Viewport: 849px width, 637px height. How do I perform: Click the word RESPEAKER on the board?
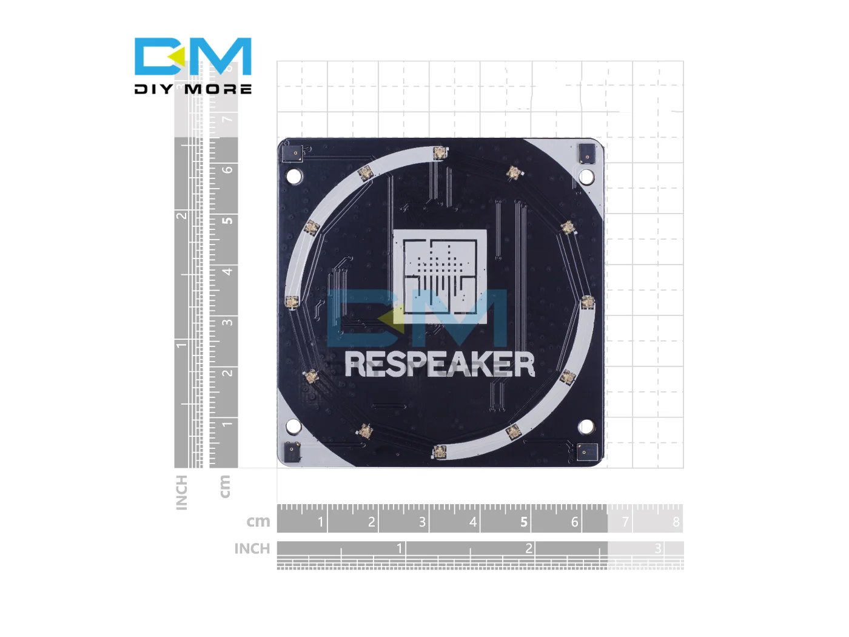439,365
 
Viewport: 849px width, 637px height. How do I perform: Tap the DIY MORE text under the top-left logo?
193,89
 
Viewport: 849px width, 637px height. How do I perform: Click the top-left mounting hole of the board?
294,177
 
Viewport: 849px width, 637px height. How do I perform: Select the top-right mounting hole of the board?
586,177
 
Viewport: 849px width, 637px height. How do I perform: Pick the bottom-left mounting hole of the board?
294,426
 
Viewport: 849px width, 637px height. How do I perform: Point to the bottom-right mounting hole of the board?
586,426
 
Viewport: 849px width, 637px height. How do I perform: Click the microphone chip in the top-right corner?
587,153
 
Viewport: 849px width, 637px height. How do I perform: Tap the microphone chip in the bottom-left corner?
292,451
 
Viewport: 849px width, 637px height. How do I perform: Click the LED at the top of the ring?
440,153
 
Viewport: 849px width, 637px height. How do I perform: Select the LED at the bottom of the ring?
439,451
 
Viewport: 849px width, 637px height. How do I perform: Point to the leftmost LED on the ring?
292,302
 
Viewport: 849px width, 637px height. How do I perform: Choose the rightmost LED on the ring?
587,302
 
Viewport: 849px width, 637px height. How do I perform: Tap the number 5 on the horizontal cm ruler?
524,522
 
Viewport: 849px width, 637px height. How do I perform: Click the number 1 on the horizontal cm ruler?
321,522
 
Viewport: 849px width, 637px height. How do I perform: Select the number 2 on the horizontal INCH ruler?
529,548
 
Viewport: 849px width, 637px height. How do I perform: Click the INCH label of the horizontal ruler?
252,549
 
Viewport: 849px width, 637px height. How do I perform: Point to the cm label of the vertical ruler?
224,487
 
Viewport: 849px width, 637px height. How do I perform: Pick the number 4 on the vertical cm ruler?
227,271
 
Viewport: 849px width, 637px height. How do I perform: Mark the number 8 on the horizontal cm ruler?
676,522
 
